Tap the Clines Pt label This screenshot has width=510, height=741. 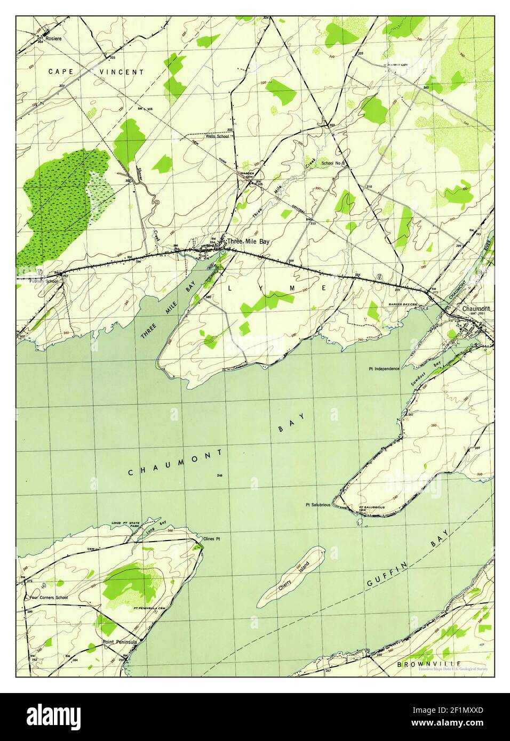coord(212,539)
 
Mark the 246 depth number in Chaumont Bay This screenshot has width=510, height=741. coord(220,476)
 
